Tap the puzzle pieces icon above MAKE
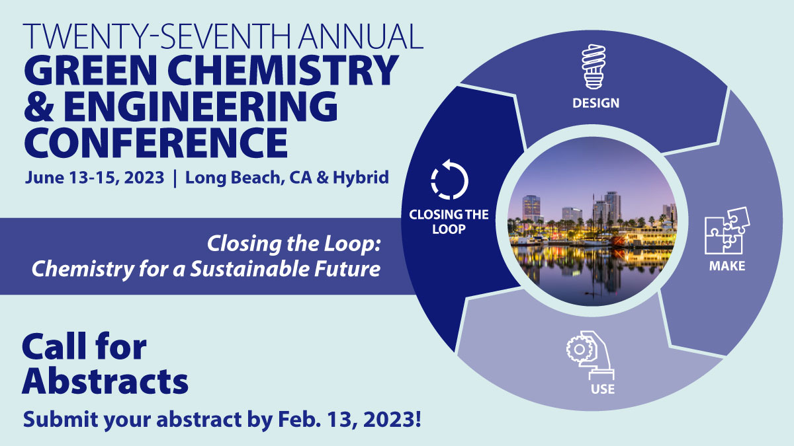[x=723, y=232]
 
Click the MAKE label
[x=727, y=266]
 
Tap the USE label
[x=602, y=389]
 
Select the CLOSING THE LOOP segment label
[x=449, y=222]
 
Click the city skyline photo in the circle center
[x=593, y=222]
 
